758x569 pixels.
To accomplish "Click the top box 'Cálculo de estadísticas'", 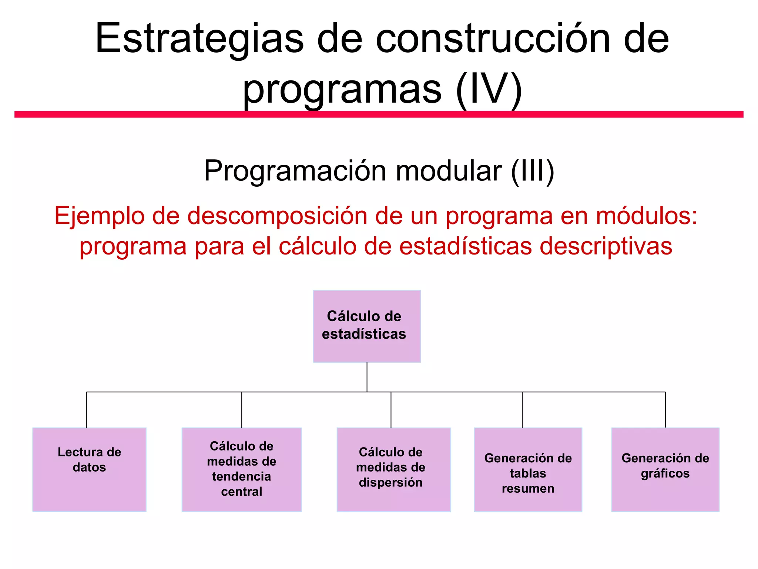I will pos(367,326).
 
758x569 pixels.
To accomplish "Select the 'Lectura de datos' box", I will pos(89,469).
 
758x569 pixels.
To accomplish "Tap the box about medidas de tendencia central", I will pos(241,469).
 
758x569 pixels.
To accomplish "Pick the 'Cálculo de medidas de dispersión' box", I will pos(393,469).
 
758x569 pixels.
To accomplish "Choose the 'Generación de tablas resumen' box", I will pos(528,469).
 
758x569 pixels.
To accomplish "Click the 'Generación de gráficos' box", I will pos(665,469).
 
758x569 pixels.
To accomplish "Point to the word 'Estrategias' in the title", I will pos(199,39).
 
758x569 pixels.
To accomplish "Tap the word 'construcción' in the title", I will pos(492,39).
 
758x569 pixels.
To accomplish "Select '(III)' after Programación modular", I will pos(532,171).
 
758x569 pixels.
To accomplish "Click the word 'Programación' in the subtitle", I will pos(296,172).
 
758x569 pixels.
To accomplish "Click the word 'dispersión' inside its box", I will pos(390,482).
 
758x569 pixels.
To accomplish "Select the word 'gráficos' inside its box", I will pos(665,474).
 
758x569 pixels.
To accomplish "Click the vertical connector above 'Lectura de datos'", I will pos(87,410).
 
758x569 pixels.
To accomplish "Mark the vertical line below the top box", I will pos(367,377).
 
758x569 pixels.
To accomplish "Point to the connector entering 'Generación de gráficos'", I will pos(665,410).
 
